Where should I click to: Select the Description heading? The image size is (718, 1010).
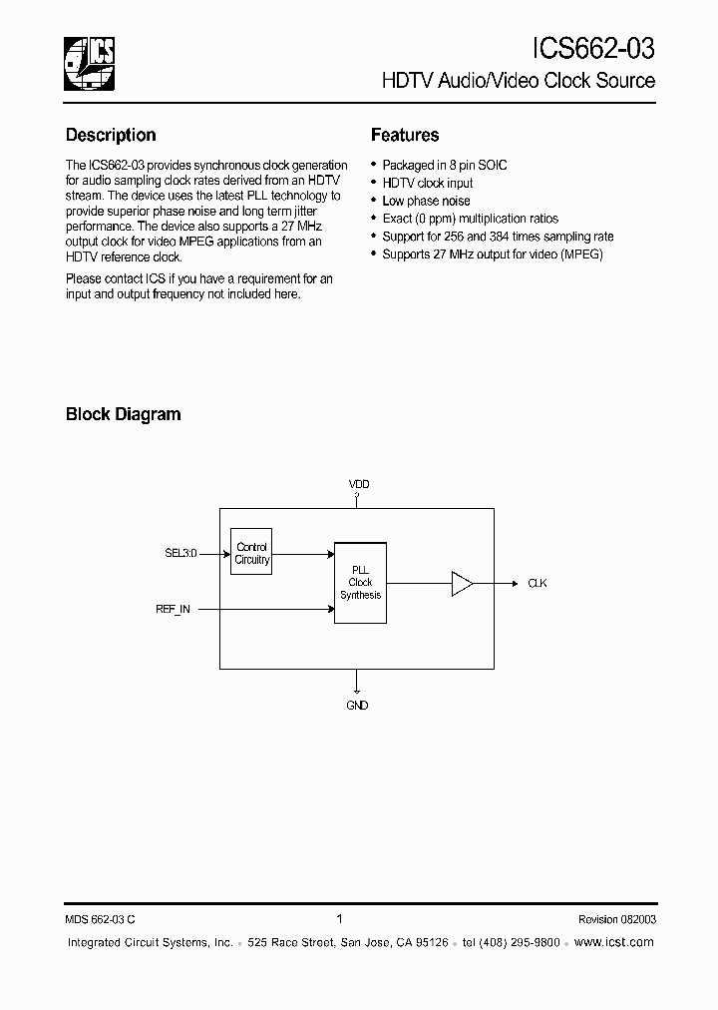click(111, 135)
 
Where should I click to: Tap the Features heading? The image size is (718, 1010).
click(405, 135)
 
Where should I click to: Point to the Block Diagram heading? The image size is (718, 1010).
click(123, 414)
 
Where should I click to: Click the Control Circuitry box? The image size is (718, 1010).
click(251, 553)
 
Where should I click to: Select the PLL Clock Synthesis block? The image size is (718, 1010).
click(360, 583)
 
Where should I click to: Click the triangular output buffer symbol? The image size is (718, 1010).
click(462, 583)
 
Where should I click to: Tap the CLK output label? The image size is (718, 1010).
click(537, 583)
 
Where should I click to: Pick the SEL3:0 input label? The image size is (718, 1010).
click(180, 552)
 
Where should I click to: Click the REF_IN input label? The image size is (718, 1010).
click(173, 608)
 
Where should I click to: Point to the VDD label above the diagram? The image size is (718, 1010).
click(358, 484)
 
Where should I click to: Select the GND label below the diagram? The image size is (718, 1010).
click(357, 706)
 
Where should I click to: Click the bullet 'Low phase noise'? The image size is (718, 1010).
click(426, 201)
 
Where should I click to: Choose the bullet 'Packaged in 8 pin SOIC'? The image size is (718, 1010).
click(445, 165)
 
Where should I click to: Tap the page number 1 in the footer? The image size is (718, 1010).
click(340, 919)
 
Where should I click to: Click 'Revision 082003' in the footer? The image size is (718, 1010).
click(616, 920)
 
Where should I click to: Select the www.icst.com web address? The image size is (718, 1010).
click(614, 942)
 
